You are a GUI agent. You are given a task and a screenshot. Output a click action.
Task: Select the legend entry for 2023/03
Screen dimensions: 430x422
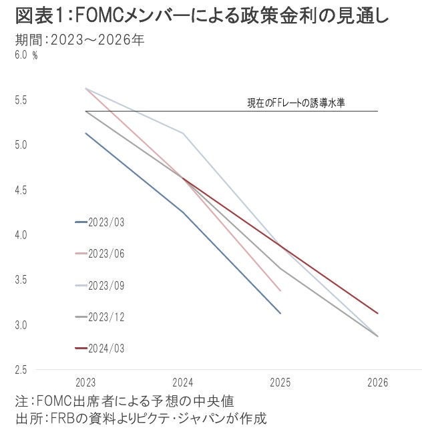(106, 222)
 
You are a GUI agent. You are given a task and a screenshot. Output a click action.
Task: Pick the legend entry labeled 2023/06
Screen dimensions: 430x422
(106, 253)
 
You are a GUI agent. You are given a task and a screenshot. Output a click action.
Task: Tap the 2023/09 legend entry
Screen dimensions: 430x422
(106, 285)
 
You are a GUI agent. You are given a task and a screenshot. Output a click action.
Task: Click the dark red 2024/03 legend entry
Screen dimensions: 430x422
(106, 348)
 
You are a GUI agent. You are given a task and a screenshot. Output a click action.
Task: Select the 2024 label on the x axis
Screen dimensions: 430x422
(183, 383)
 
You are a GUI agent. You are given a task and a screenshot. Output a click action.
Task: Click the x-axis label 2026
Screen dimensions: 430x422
(378, 383)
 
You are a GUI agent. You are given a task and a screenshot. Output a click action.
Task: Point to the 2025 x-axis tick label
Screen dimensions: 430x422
(280, 383)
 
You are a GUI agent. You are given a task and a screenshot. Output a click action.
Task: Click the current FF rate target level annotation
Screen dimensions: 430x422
(296, 103)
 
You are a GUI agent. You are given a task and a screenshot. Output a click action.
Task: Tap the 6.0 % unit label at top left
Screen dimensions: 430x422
(26, 55)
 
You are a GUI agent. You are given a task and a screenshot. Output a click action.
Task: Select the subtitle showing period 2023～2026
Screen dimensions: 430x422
(80, 40)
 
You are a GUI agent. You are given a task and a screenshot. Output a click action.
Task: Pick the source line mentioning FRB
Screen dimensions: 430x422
(140, 419)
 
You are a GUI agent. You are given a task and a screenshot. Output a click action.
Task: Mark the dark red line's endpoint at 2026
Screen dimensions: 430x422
(378, 312)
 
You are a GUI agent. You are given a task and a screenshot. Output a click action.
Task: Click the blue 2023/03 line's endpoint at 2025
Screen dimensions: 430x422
(280, 312)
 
